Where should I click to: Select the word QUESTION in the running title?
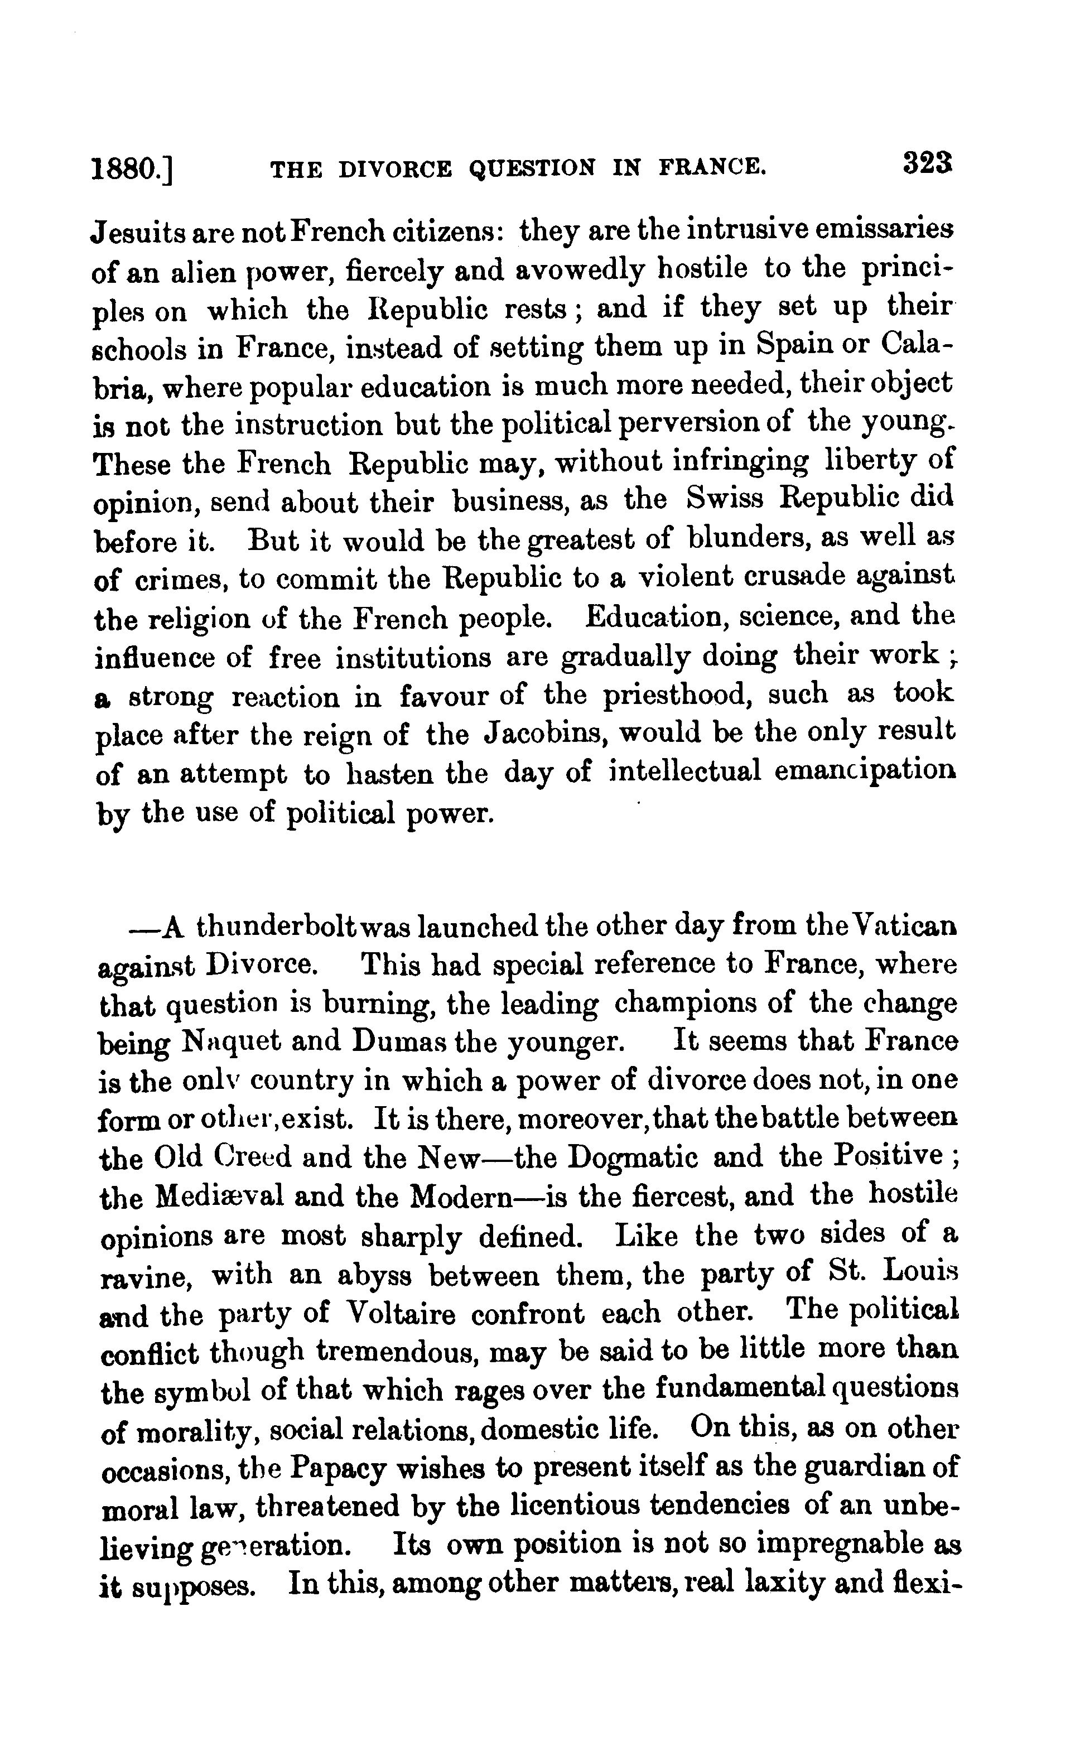tap(532, 168)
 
